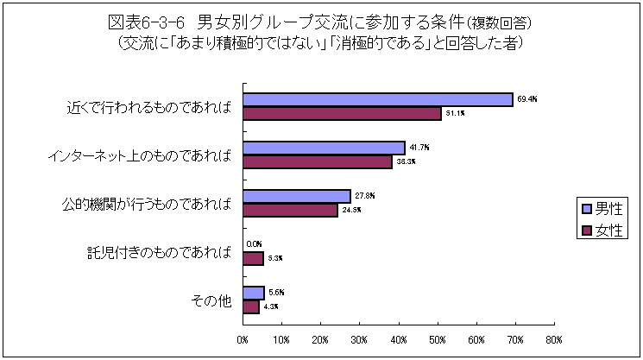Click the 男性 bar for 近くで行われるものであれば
tap(377, 99)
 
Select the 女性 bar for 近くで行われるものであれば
tap(342, 113)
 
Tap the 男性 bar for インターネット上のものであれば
tap(324, 148)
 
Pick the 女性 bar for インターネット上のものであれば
tap(317, 161)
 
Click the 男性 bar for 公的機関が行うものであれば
tap(297, 196)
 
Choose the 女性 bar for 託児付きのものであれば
tap(253, 258)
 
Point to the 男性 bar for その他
tap(254, 293)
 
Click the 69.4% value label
tap(527, 99)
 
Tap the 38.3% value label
tap(406, 161)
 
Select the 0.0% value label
tap(255, 244)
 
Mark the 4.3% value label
tap(270, 306)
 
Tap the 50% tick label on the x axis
tap(437, 339)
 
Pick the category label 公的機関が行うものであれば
tap(147, 204)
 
